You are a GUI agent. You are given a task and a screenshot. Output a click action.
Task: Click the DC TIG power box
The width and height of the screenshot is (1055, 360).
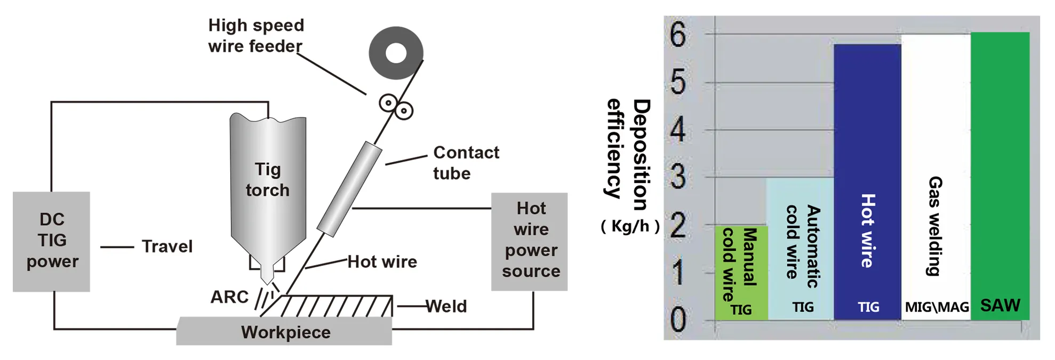tap(51, 241)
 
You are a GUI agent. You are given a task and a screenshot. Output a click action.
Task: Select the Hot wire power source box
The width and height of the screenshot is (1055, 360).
tap(529, 241)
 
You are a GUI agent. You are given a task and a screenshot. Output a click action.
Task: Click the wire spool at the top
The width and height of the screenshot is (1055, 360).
tap(396, 53)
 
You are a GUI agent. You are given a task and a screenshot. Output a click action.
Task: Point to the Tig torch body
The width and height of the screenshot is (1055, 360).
tap(268, 181)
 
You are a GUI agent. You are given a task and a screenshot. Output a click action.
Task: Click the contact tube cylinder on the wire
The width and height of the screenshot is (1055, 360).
tap(350, 189)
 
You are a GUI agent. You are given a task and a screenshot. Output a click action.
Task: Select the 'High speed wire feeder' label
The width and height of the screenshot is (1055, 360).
tap(256, 35)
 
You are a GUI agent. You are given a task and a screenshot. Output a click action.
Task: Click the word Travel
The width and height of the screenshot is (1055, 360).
tap(167, 246)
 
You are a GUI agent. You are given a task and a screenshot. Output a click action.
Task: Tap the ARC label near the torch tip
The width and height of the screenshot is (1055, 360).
tap(229, 297)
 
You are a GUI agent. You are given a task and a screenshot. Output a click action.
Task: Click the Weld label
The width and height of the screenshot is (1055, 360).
tap(446, 306)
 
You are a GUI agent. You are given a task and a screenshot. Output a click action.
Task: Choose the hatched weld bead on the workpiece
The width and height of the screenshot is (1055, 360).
tap(336, 306)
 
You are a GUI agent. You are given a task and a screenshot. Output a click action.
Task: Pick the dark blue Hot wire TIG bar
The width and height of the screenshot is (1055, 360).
tap(867, 181)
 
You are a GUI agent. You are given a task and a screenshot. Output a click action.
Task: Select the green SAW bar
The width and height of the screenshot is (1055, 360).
tap(1000, 176)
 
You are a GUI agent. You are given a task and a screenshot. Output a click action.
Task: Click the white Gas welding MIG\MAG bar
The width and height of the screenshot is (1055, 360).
tap(936, 176)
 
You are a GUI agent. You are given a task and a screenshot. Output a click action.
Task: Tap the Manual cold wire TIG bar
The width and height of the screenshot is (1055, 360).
tap(741, 272)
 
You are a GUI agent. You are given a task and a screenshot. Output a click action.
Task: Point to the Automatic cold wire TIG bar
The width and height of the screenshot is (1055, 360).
tap(800, 248)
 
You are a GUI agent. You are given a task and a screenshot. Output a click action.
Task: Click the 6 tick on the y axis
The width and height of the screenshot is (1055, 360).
tap(678, 35)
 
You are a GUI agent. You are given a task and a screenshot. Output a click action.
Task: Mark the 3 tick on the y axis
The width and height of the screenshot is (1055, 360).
tap(678, 177)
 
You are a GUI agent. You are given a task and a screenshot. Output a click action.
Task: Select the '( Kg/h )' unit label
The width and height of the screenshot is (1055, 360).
tap(630, 226)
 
